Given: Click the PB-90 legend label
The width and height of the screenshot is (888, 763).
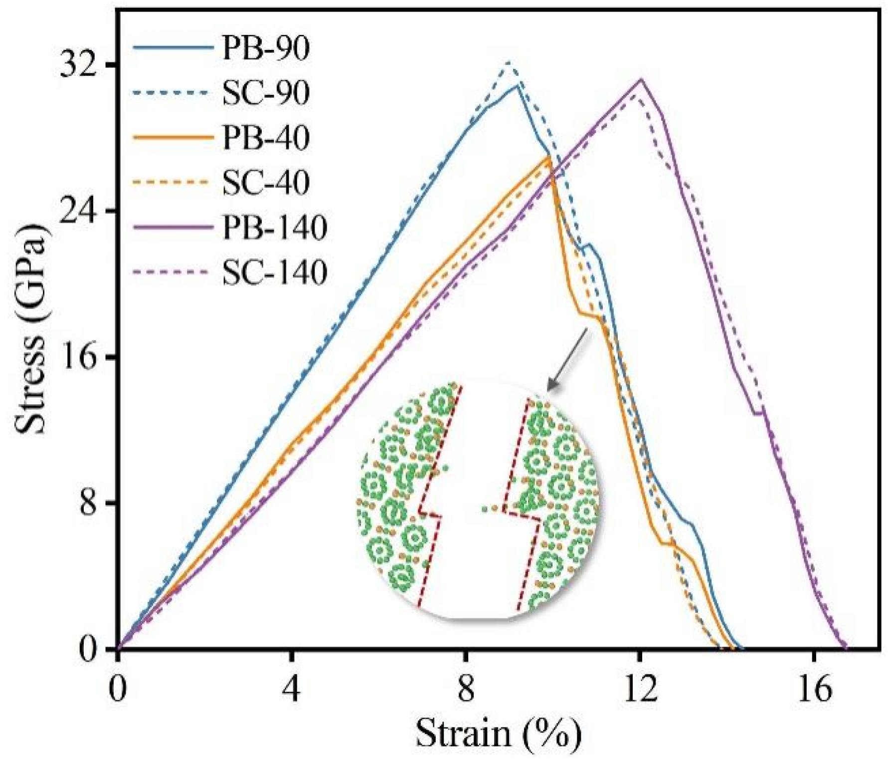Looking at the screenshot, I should [x=265, y=48].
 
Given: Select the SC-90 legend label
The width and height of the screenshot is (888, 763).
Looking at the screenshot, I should [x=265, y=93].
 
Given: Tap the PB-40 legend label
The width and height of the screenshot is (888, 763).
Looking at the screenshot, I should [x=265, y=138].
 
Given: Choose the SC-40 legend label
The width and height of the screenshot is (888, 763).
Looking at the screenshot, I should [x=265, y=183].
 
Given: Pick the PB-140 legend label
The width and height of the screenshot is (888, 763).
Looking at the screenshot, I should [x=274, y=228].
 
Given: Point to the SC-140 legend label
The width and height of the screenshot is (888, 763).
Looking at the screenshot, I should [x=274, y=272].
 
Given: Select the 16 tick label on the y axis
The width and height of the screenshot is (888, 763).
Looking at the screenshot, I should [x=77, y=357].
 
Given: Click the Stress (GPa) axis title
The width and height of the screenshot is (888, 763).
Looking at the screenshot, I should [x=31, y=329].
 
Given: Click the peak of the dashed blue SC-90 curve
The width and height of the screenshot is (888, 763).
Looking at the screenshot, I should [x=508, y=62].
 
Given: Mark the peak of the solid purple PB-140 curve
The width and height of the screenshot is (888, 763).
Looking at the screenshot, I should [x=641, y=79].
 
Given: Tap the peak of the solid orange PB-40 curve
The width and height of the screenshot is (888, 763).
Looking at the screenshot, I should [x=549, y=157].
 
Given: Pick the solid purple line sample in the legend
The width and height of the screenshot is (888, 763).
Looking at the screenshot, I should [x=173, y=228].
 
